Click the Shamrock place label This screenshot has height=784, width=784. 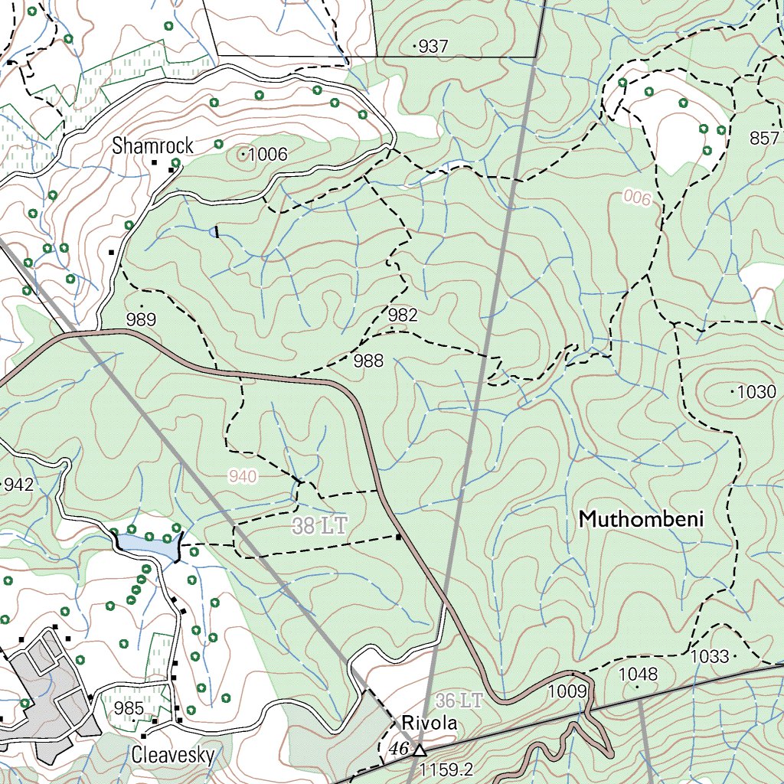tap(152, 146)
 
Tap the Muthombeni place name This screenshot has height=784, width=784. tap(641, 520)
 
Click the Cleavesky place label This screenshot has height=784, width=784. tap(172, 755)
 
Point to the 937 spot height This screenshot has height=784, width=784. tap(433, 47)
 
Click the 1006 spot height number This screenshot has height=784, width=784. tap(267, 155)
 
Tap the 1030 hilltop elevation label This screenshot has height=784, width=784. tap(757, 392)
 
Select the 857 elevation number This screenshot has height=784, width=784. tap(764, 138)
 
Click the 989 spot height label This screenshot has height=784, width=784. tap(141, 320)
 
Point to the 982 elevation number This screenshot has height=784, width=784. tap(403, 315)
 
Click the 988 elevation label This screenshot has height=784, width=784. tap(368, 361)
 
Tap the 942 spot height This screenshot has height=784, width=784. tap(18, 484)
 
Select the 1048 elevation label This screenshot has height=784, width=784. tap(638, 675)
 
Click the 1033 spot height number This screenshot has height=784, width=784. tap(708, 657)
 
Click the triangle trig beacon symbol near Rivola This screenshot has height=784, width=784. tap(419, 750)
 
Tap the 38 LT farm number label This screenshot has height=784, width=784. tap(320, 526)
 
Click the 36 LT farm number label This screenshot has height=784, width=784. tap(459, 701)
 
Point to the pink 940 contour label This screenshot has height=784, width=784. tap(243, 477)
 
